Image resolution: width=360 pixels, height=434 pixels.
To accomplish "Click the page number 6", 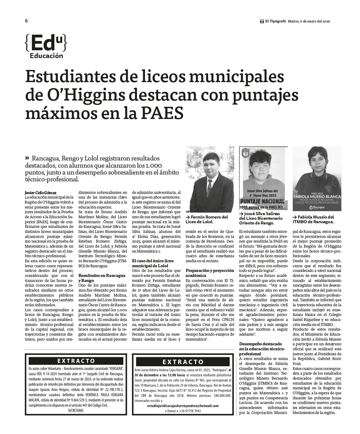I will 27,21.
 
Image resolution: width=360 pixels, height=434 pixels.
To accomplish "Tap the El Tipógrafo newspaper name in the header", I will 275,21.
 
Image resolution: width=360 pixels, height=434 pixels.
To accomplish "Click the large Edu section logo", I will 46,46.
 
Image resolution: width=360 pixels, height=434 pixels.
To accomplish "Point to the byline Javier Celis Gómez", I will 41,193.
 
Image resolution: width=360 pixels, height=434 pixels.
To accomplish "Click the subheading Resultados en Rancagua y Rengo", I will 102,278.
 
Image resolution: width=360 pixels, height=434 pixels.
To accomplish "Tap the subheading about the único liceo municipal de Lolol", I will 152,263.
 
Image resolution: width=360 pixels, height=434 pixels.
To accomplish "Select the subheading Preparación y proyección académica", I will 210,273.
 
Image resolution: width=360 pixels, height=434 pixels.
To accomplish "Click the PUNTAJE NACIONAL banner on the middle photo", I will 262,202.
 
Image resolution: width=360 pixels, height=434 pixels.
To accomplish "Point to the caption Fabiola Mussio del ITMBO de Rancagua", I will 313,219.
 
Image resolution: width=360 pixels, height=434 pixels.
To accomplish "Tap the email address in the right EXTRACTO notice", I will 183,406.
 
